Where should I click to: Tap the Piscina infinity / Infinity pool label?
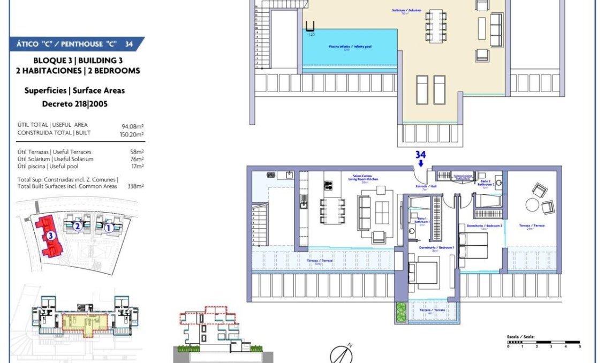coord(350,47)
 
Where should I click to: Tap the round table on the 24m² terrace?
coord(533,205)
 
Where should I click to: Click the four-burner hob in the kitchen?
coord(328,186)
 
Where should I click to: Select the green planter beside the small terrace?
coord(401,312)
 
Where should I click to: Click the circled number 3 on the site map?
coord(50,235)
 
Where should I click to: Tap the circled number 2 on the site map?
coord(78,226)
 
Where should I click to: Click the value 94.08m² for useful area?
coord(133,126)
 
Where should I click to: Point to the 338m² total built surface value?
coord(136,186)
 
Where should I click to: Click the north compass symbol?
coord(341,354)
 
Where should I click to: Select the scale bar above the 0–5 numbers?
coord(543,342)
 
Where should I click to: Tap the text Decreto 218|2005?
coord(74,104)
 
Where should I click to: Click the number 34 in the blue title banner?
coord(129,44)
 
